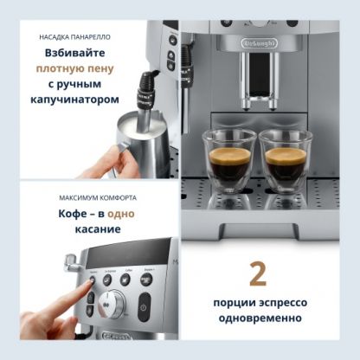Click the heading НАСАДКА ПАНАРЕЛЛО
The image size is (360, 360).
[x=74, y=37]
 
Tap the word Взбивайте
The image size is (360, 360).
[x=75, y=53]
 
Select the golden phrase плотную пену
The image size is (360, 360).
[x=75, y=69]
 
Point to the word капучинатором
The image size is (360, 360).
[x=74, y=100]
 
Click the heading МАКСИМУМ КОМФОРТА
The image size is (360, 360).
[x=98, y=198]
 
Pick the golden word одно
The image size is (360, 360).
[x=121, y=214]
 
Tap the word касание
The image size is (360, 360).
[x=98, y=229]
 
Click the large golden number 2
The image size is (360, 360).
[x=258, y=273]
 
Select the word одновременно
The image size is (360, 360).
[x=260, y=318]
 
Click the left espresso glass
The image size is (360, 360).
[x=229, y=161]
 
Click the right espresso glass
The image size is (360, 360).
[x=286, y=161]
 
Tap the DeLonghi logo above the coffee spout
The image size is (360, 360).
[x=260, y=43]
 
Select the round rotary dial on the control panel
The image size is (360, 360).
[x=112, y=304]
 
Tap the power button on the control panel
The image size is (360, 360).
[x=144, y=307]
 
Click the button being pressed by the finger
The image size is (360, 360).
[x=93, y=280]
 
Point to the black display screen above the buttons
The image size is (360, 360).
[x=128, y=253]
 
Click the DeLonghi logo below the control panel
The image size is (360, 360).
[x=116, y=336]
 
